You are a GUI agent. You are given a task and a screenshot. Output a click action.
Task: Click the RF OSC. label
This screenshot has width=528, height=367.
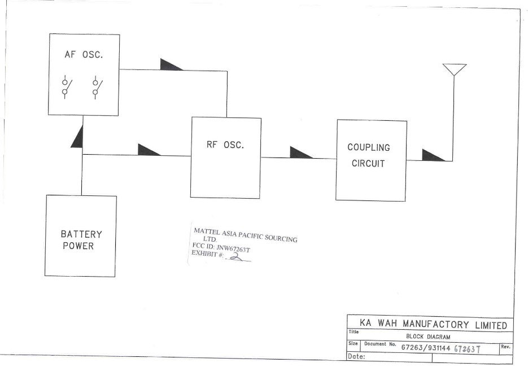coord(225,145)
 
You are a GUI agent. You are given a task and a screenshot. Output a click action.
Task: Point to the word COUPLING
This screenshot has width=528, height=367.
coord(368,148)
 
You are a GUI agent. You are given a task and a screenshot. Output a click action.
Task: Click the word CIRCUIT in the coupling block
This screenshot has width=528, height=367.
coord(368,164)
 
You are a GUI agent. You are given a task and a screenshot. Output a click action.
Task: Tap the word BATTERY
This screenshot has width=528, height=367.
coord(81,234)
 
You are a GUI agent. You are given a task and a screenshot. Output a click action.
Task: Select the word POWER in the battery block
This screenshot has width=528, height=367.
coord(78,246)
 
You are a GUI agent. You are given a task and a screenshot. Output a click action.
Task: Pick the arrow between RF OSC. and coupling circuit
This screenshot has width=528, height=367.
coord(300,153)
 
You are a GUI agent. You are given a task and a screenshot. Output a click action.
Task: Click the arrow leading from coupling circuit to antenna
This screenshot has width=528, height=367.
coord(433,155)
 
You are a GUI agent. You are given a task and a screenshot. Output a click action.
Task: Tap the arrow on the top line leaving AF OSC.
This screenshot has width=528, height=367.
coord(171,65)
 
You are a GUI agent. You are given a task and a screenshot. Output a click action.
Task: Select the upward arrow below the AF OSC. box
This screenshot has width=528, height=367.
coord(78,137)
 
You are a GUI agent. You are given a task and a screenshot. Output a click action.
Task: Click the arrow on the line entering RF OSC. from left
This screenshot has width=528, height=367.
coord(149,150)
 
